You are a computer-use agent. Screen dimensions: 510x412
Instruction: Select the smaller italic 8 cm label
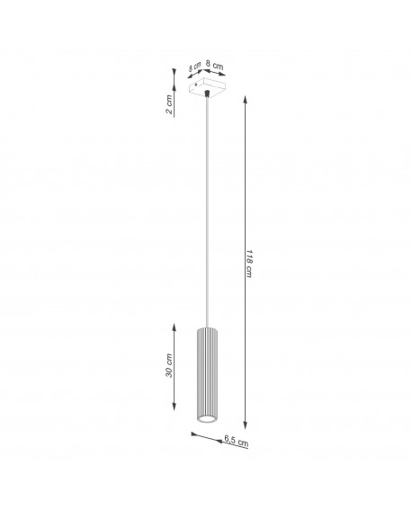[194, 67]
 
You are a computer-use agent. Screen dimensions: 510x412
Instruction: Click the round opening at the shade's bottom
[205, 420]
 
